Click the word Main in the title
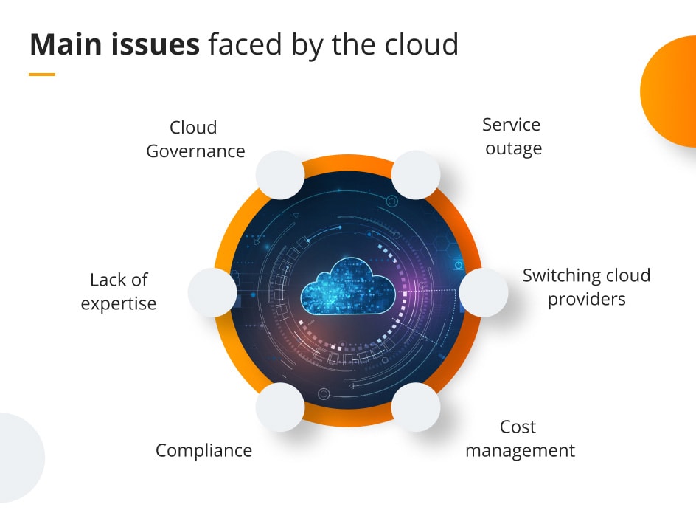(x=63, y=44)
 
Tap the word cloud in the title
(x=423, y=44)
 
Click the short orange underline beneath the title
(x=42, y=74)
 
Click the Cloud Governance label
(x=195, y=139)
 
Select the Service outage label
(x=513, y=137)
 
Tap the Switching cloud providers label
(x=586, y=287)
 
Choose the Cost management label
(x=520, y=439)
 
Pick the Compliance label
(x=203, y=450)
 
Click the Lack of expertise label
(x=119, y=292)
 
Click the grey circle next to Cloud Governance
(x=280, y=175)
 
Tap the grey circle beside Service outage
(x=416, y=175)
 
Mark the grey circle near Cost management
(x=416, y=407)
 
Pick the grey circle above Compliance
(x=280, y=407)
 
